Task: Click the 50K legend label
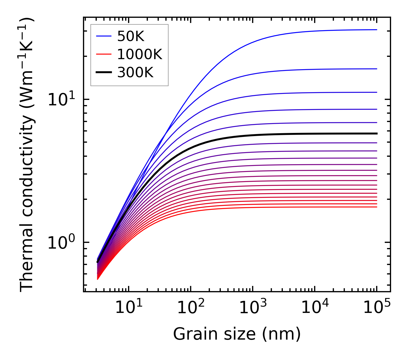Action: (x=131, y=36)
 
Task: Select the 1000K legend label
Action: (x=140, y=54)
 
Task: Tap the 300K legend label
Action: (x=135, y=73)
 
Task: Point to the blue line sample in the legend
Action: (x=103, y=36)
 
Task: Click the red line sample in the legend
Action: (x=103, y=54)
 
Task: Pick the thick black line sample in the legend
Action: (x=103, y=73)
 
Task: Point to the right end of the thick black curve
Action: (x=377, y=133)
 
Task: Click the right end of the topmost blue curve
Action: (x=377, y=30)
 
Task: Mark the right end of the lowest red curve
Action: (x=377, y=207)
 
